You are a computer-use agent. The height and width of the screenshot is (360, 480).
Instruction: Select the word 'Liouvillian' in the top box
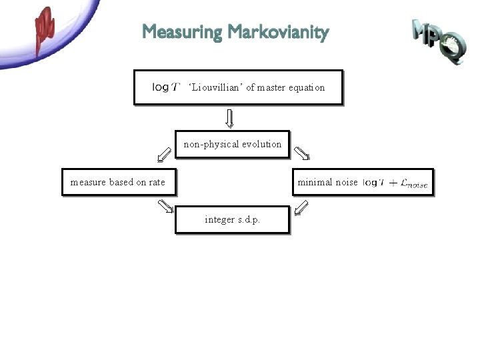[215, 87]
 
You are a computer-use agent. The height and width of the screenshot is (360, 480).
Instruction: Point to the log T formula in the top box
[166, 87]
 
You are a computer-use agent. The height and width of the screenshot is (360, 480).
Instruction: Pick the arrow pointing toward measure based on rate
[163, 155]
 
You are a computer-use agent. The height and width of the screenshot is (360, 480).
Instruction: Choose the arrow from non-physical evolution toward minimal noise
[302, 155]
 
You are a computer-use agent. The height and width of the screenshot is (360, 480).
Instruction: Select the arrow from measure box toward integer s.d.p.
[165, 207]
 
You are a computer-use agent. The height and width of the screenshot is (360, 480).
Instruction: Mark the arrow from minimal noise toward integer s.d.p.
[301, 207]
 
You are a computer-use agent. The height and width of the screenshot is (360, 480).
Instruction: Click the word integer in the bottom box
[220, 219]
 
